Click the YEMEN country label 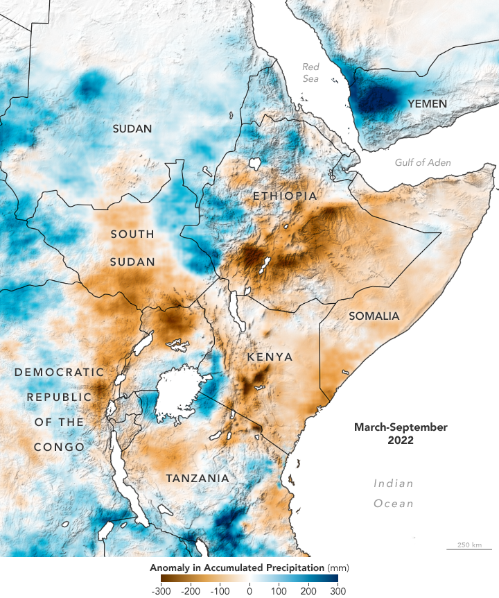(427, 104)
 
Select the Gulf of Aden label (422, 162)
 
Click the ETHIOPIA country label (285, 196)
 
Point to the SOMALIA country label (374, 316)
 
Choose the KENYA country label (270, 357)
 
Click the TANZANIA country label (198, 479)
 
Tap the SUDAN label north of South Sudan (133, 128)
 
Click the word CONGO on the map (60, 447)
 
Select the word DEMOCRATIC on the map (59, 373)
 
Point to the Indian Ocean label (394, 493)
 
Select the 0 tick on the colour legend (249, 591)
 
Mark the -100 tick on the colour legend (219, 591)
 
